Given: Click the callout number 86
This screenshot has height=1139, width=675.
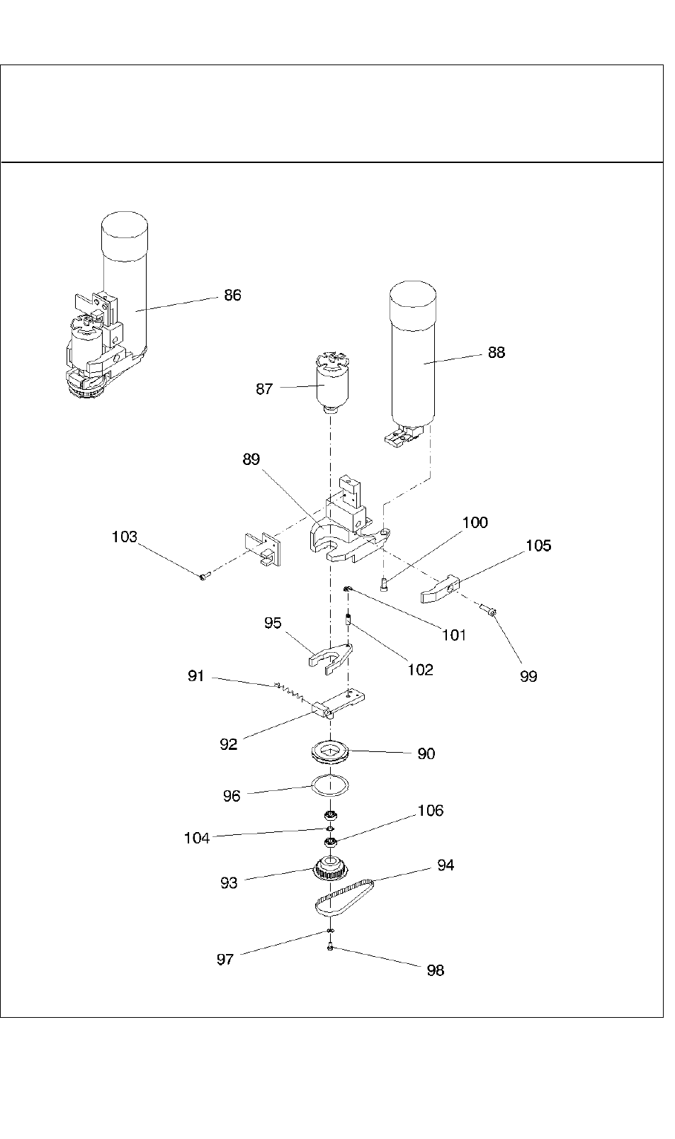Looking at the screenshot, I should pos(232,295).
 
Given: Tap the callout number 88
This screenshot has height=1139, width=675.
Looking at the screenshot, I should pos(497,352).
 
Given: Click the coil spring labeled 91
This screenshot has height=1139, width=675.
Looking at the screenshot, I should pos(290,692).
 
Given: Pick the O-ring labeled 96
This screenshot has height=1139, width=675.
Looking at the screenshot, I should pos(330,785).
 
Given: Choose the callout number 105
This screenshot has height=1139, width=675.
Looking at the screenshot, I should pos(538,546).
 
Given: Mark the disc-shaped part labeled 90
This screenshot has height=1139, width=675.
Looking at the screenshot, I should pos(331,752).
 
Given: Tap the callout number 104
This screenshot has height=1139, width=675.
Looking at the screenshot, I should pos(197,838).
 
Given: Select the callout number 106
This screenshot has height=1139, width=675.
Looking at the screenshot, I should pos(431,811).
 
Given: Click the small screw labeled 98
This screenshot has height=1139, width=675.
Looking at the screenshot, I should pos(331,947).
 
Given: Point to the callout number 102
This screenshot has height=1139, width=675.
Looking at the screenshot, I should pos(420,670).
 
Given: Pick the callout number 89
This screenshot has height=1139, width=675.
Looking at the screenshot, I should pos(251,459).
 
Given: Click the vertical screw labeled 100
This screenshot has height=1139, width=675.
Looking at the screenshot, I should pos(385,584).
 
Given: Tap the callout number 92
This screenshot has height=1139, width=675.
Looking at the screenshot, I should pos(228,744).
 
